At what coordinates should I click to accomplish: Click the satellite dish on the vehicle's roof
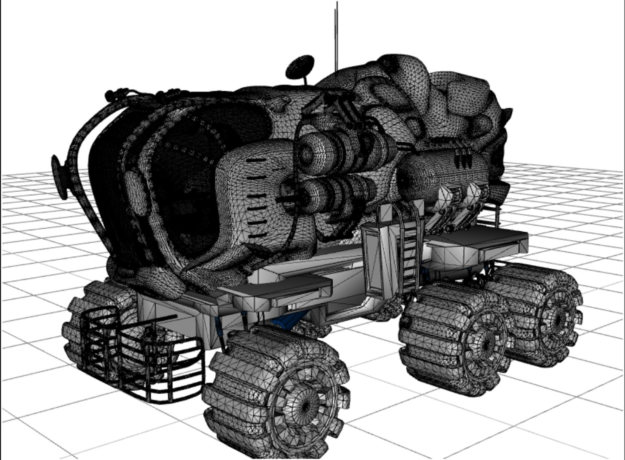(x=300, y=66)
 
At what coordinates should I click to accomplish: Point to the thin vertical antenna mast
(x=337, y=34)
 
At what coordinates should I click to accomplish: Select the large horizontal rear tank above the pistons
(x=442, y=170)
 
